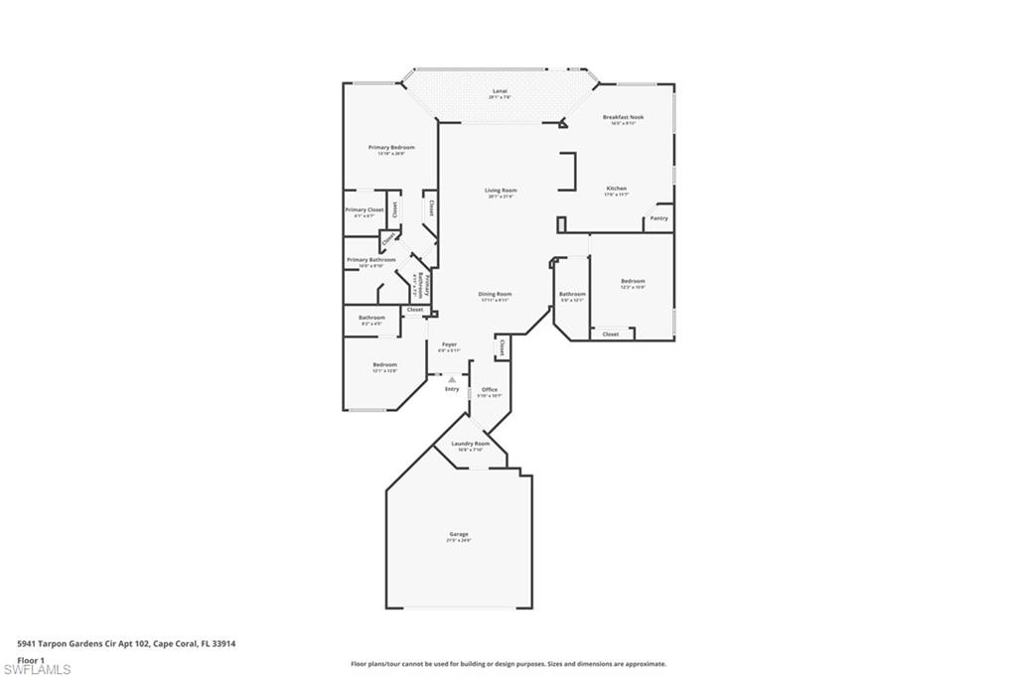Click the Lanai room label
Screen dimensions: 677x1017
point(500,90)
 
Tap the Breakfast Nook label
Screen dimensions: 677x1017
point(623,117)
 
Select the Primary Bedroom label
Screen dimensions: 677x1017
point(391,147)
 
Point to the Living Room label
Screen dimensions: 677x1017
point(501,191)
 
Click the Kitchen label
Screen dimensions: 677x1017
point(617,189)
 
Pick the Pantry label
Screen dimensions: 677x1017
point(659,218)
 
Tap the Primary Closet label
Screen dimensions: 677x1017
point(364,210)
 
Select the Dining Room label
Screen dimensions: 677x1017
point(495,294)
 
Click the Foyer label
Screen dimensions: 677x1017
point(449,344)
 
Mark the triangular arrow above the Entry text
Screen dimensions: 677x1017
point(452,379)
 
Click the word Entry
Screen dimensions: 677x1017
point(452,389)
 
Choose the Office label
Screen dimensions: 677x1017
point(489,389)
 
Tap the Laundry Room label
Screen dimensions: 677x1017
point(470,444)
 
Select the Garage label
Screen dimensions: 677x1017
point(458,534)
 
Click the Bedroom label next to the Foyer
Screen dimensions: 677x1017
point(384,364)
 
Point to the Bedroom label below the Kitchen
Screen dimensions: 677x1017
point(633,281)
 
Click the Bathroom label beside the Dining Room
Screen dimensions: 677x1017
point(572,294)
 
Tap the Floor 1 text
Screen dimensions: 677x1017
point(32,659)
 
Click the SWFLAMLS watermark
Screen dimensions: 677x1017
point(37,670)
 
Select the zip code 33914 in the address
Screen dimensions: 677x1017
point(223,643)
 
